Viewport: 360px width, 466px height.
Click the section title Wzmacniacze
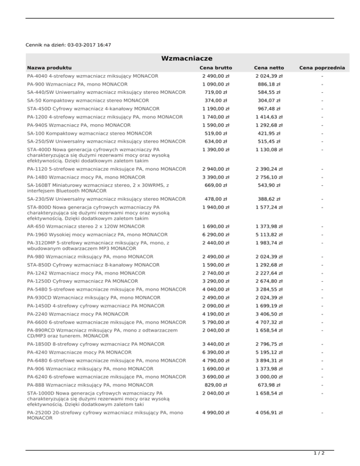(x=187, y=58)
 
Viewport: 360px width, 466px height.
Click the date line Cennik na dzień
(x=69, y=45)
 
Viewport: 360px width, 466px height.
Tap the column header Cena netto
(x=269, y=68)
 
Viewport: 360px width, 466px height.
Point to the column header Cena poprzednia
(x=323, y=68)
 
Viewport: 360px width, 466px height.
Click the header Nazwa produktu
(x=49, y=68)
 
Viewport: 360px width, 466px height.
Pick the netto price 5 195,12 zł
(x=269, y=352)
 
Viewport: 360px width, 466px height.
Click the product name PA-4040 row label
(x=93, y=76)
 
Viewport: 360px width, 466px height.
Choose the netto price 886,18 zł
(x=269, y=84)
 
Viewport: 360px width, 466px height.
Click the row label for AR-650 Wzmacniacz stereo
(x=79, y=226)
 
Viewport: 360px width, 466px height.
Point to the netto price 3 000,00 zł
(x=269, y=376)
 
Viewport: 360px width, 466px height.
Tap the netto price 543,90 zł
(x=269, y=185)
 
